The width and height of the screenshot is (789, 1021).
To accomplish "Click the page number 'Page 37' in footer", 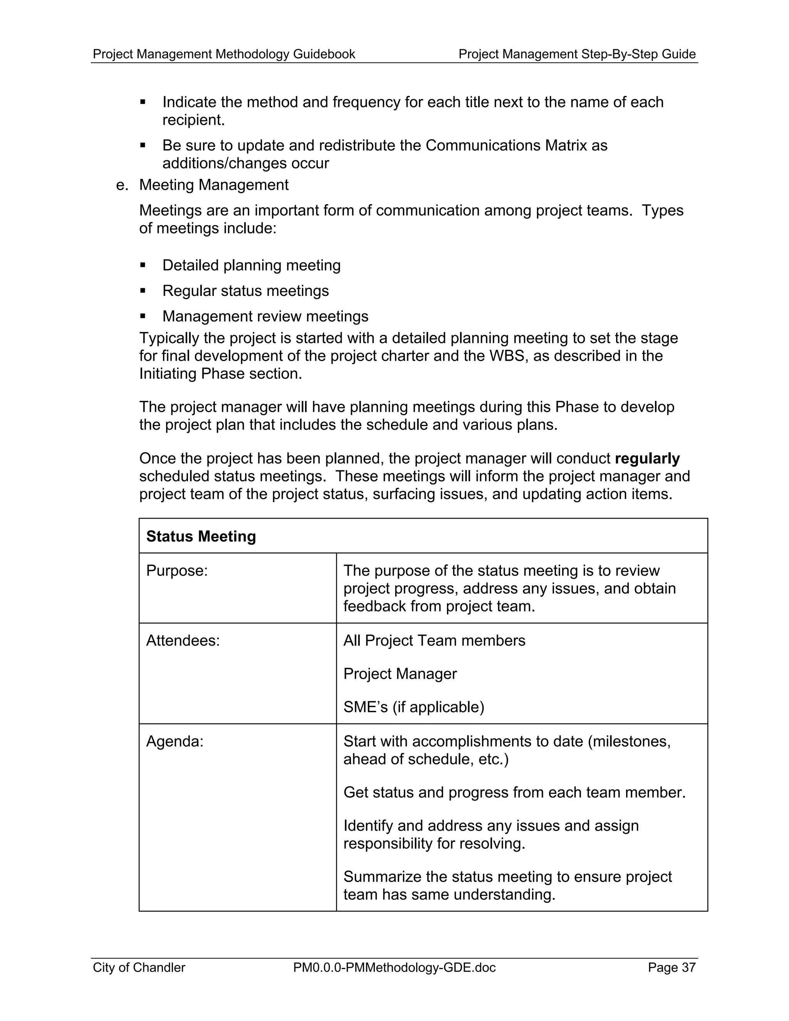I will tap(671, 967).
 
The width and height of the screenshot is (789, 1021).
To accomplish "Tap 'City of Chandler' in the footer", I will tap(139, 967).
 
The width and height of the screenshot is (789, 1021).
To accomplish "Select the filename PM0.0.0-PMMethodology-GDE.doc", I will tap(394, 967).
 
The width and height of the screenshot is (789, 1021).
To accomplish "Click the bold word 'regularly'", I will tap(647, 458).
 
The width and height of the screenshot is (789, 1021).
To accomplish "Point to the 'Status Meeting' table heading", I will tap(201, 536).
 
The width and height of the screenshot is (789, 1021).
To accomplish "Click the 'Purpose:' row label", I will tap(177, 571).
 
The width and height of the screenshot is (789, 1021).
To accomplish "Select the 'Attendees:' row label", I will tap(183, 640).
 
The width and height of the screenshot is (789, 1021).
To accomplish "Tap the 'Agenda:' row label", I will tap(175, 741).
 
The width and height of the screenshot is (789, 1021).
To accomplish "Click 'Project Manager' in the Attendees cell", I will tap(400, 673).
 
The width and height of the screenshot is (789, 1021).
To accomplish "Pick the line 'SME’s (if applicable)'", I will tap(414, 707).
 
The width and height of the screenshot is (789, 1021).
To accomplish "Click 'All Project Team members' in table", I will tap(434, 640).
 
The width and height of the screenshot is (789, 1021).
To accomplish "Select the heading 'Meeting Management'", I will tap(213, 185).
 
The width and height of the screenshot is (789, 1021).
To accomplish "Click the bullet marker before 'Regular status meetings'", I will tap(143, 291).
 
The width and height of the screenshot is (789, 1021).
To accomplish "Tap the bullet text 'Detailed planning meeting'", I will tap(251, 265).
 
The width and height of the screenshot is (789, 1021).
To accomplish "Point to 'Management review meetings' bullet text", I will tap(265, 316).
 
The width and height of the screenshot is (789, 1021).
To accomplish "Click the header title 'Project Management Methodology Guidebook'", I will tap(224, 54).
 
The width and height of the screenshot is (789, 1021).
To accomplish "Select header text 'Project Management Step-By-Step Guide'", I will tap(577, 54).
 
